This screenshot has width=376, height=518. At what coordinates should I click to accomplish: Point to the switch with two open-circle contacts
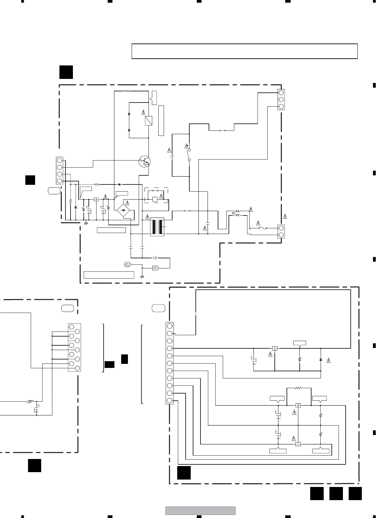189,154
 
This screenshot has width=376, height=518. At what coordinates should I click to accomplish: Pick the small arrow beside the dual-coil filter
233,213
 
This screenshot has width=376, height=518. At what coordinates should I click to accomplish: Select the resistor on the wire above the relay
127,91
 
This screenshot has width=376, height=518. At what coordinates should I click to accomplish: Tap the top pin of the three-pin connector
281,92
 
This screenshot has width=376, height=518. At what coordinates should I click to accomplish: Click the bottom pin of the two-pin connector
281,235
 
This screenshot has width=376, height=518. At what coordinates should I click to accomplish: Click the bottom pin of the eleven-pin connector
169,401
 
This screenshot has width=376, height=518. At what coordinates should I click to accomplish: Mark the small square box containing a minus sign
298,444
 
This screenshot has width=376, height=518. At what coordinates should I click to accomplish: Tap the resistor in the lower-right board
298,388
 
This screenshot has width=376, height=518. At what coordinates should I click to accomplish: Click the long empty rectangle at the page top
244,51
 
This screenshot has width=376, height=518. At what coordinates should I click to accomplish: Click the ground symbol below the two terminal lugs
142,276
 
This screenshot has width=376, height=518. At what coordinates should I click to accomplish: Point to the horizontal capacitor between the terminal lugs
155,258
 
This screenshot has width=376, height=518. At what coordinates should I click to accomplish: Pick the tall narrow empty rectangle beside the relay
161,120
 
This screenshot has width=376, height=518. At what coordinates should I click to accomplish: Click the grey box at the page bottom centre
200,511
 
